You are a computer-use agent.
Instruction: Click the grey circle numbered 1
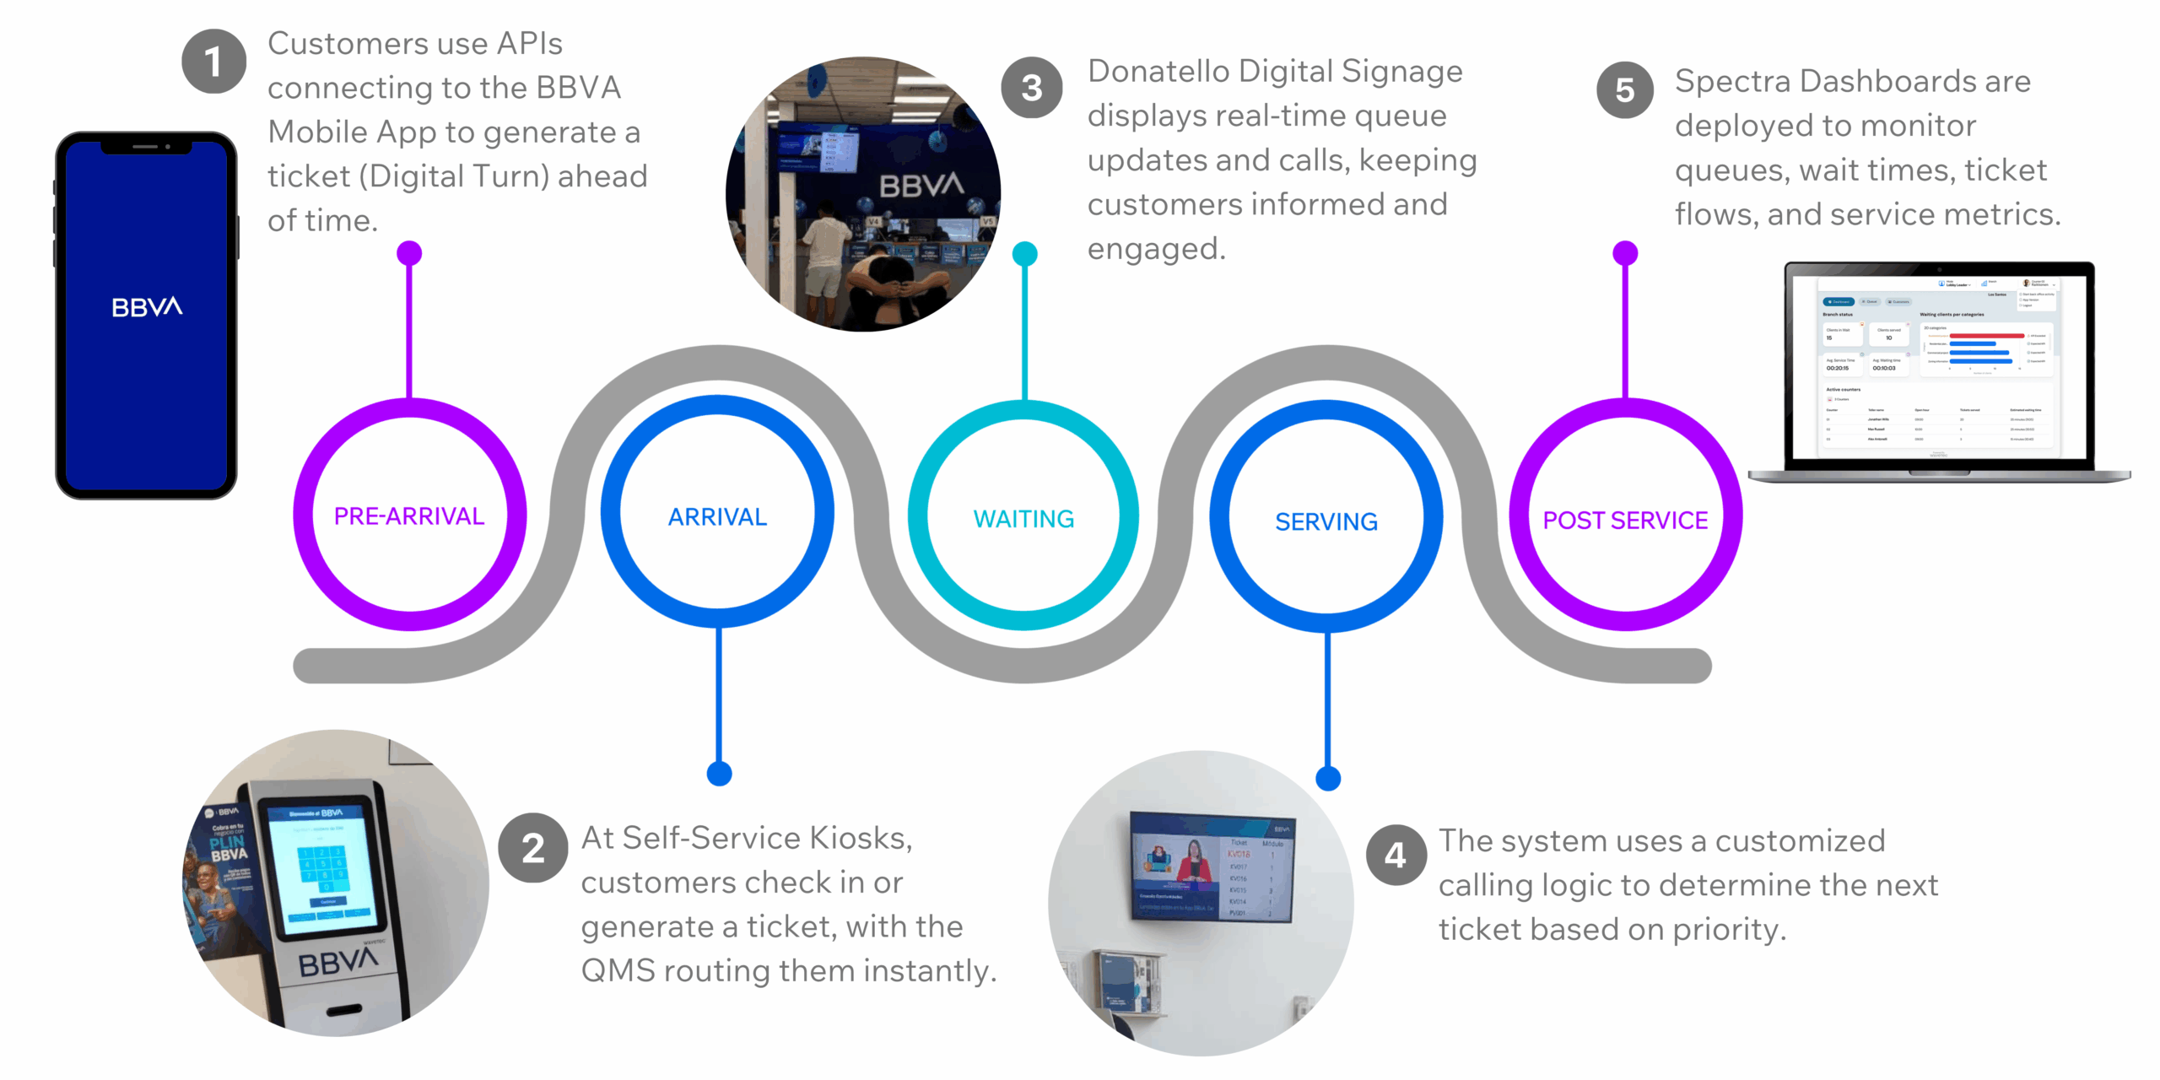pos(213,61)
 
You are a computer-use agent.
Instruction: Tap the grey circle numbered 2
pos(532,848)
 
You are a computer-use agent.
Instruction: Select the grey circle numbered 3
pos(1031,88)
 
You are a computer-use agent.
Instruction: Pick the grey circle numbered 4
pos(1396,855)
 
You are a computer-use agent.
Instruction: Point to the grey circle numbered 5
pos(1624,90)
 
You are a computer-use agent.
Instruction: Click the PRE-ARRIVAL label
pos(409,516)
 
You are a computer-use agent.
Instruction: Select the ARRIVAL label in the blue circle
pos(717,516)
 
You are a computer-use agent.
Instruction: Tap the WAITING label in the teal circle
pos(1023,519)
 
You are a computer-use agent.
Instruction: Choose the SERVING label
pos(1326,521)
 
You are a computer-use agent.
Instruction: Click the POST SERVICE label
pos(1625,520)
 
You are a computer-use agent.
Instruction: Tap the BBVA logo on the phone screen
pos(147,307)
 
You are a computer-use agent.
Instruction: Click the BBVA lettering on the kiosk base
pos(337,961)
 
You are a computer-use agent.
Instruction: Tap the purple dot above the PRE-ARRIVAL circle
pos(409,252)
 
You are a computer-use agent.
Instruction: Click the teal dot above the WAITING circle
pos(1024,253)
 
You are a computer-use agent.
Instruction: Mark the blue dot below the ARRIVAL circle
pos(719,773)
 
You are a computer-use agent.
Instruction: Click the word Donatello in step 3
pos(1158,72)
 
